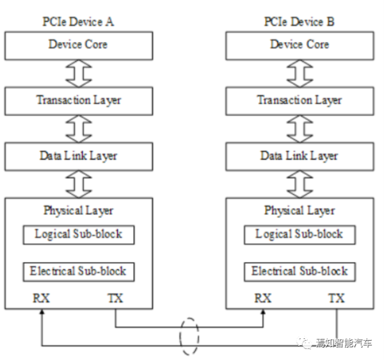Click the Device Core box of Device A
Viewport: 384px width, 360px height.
coord(78,45)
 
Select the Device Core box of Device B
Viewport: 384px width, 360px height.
coord(299,45)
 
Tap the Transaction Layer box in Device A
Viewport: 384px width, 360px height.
coord(78,100)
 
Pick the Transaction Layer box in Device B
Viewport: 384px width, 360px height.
coord(299,100)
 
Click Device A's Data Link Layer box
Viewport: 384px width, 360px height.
coord(78,156)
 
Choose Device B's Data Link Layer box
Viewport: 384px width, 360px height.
coord(299,156)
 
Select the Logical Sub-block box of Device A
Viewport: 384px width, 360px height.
coord(78,234)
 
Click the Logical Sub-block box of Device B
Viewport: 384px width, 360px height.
coord(299,234)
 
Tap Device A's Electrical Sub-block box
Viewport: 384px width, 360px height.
coord(78,271)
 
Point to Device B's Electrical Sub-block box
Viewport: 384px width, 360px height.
coord(299,271)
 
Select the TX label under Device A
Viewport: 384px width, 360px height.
coord(115,298)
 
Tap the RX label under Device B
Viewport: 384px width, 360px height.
coord(263,298)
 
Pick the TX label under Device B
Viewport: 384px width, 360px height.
coord(336,298)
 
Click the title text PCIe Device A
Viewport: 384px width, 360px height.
coord(78,22)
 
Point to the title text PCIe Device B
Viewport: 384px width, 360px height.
coord(299,22)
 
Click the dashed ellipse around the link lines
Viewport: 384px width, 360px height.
coord(189,336)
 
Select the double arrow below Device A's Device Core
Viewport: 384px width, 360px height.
coord(78,73)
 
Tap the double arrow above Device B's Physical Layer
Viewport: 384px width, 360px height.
coord(299,184)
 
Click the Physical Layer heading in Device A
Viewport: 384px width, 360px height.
coord(78,210)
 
